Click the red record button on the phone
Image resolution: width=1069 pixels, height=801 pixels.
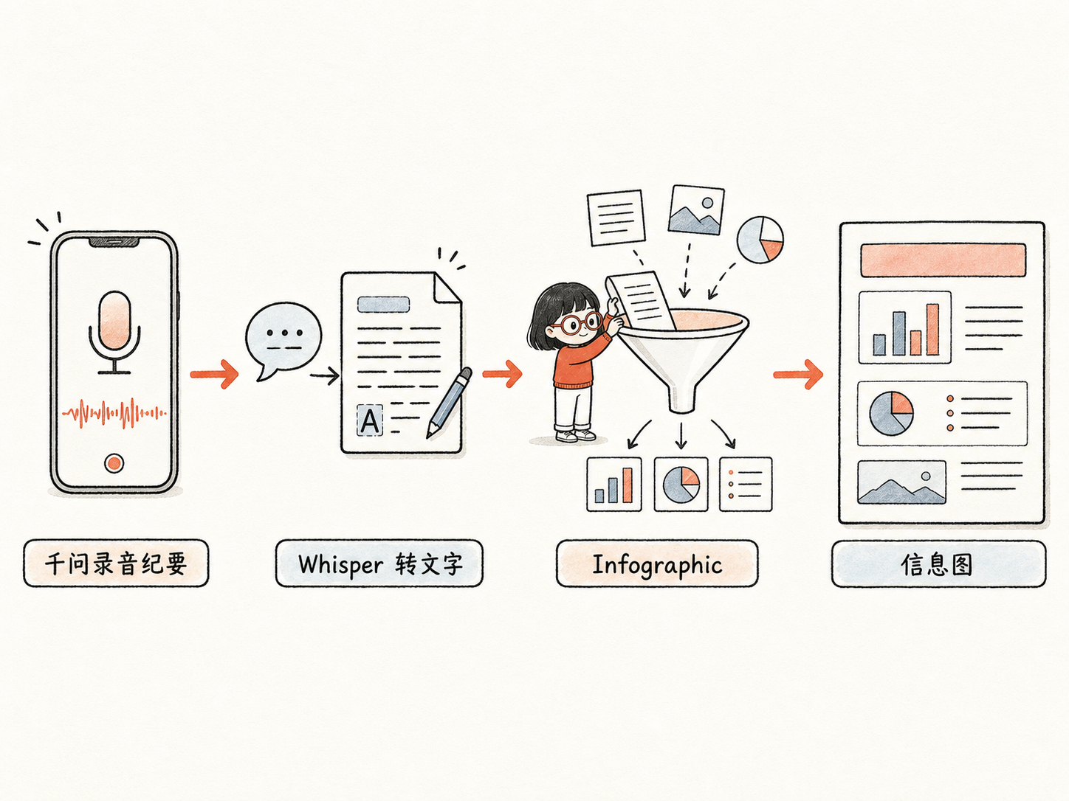114,463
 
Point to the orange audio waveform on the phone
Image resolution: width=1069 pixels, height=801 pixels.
114,413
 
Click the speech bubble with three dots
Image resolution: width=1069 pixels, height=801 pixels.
283,339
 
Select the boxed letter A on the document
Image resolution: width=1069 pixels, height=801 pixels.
370,420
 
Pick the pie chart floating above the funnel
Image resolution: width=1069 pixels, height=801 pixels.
760,240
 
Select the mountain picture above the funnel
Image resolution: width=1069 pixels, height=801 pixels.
696,210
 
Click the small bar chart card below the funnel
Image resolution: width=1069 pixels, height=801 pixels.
613,484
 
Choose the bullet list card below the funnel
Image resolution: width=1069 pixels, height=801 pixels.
746,484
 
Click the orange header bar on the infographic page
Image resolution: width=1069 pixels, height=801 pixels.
943,260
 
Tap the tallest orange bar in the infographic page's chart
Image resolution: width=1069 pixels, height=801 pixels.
932,329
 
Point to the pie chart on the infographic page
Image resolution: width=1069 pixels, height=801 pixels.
891,413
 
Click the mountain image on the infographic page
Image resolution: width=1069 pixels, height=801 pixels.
901,482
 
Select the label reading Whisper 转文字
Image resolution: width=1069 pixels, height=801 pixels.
379,564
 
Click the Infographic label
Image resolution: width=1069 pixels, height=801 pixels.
657,564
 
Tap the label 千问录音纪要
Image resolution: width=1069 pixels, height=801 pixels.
116,564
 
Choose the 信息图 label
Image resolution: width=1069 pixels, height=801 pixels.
938,564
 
